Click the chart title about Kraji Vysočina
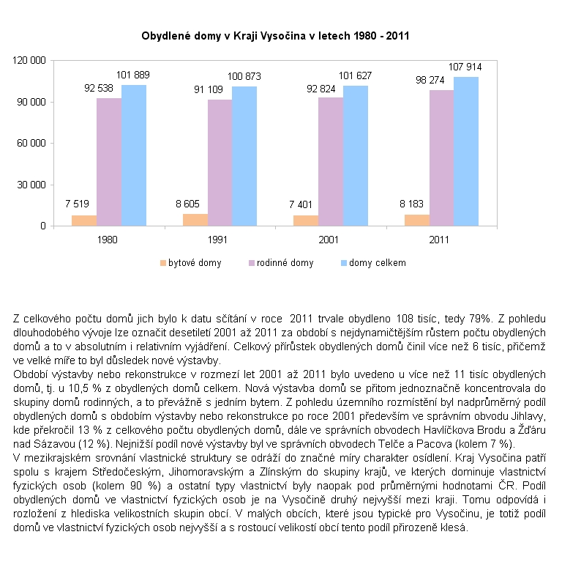[274, 34]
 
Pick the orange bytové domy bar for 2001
[305, 221]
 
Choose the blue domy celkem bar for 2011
[466, 151]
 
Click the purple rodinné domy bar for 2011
[441, 158]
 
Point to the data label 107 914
[465, 67]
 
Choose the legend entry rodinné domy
[284, 262]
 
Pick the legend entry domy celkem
[377, 262]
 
